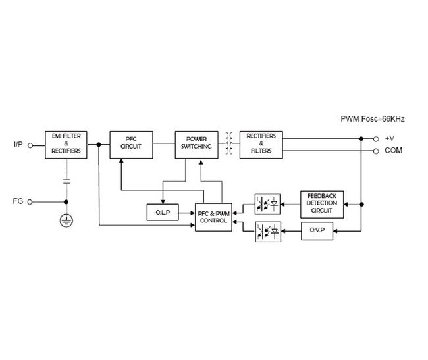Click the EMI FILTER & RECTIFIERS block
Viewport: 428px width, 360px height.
pos(66,144)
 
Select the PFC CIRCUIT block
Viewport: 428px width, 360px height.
pos(132,144)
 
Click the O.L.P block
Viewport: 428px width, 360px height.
pos(163,213)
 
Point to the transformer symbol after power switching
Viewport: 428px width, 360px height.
pos(230,144)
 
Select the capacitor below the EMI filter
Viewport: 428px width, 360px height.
pos(66,180)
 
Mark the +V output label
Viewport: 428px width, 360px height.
pos(390,138)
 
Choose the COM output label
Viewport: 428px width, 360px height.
pos(394,151)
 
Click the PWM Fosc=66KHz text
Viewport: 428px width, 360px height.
pos(372,119)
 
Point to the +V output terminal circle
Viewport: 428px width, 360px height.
pos(376,138)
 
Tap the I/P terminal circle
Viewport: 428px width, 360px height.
pos(30,144)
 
